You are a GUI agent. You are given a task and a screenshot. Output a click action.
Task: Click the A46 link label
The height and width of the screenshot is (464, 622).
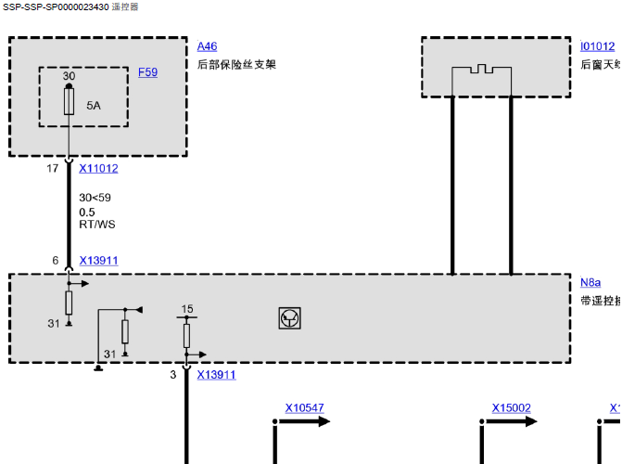tap(207, 46)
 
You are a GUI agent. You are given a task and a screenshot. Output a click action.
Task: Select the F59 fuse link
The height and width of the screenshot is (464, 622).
tap(147, 71)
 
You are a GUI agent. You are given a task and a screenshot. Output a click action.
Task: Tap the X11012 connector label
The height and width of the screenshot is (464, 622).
tap(98, 169)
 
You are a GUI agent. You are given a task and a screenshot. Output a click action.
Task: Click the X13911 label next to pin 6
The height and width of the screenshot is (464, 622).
tap(98, 261)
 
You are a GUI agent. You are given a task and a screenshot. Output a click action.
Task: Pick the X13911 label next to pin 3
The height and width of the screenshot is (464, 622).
tap(216, 375)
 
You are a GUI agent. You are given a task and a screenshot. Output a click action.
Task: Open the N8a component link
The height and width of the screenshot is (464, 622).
tap(590, 282)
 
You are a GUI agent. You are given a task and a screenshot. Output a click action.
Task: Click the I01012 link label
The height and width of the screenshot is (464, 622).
tap(597, 46)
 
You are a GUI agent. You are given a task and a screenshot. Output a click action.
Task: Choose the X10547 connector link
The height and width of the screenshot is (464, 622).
tap(304, 408)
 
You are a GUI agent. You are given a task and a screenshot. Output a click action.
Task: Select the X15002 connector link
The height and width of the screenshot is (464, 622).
tap(511, 408)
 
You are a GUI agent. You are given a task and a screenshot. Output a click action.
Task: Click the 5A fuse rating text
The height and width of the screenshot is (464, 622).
tap(94, 106)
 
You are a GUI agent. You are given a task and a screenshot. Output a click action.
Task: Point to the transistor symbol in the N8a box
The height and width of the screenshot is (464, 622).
tap(290, 318)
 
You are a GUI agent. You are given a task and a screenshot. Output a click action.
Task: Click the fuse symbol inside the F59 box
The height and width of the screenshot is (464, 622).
tap(70, 102)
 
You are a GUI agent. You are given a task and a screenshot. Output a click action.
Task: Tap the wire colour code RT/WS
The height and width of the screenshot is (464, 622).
tap(97, 225)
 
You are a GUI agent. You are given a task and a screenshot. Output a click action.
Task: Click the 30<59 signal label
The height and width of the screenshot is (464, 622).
tap(95, 198)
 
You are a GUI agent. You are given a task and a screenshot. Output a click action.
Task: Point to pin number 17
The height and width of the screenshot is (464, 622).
tap(53, 169)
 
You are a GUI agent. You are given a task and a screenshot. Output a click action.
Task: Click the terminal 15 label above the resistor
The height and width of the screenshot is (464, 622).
tap(187, 309)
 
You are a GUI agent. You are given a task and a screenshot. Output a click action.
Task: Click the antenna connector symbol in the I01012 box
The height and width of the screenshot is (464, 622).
tap(481, 70)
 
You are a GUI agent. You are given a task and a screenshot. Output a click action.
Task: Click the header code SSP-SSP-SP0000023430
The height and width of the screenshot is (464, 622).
tap(55, 6)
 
